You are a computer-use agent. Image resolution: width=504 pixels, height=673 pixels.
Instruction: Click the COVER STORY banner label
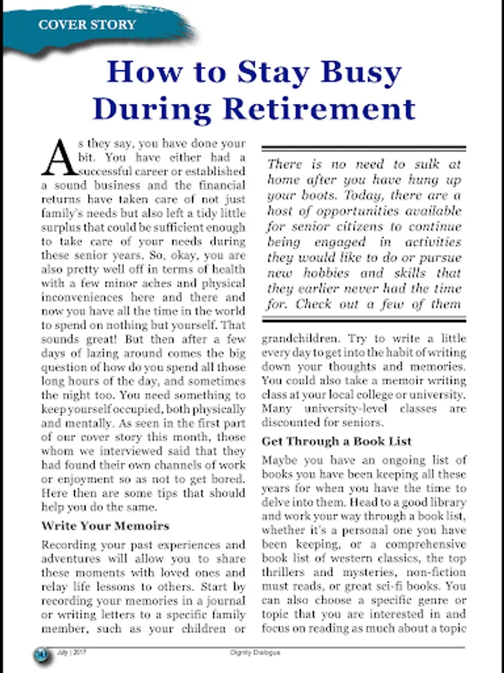click(87, 25)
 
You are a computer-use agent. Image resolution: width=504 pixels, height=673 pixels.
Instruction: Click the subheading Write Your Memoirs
click(105, 526)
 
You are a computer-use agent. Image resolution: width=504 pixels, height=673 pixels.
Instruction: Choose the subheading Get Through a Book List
click(337, 441)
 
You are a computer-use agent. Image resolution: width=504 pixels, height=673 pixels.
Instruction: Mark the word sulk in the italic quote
click(411, 164)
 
